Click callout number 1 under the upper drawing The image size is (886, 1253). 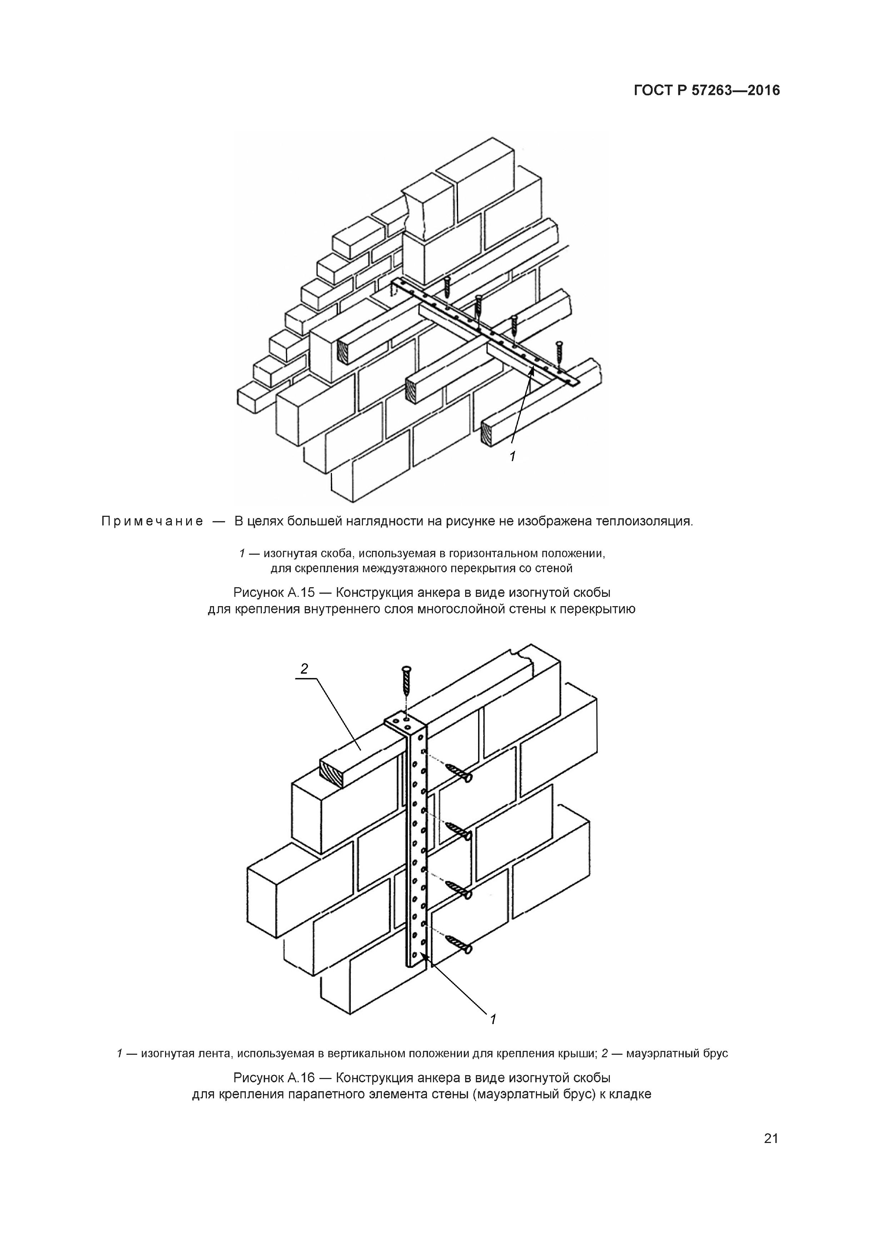tap(512, 456)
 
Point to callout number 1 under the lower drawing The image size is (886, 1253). tap(493, 1019)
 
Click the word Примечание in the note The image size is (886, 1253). tap(152, 521)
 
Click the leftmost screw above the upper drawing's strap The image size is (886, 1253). tap(448, 286)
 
